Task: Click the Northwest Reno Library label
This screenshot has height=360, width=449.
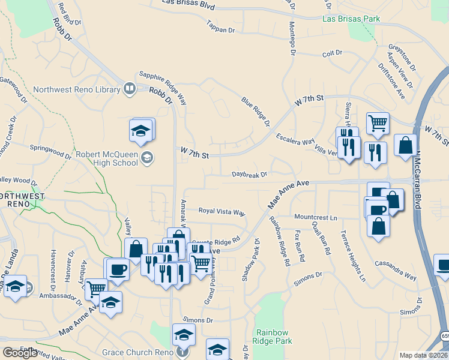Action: click(x=77, y=90)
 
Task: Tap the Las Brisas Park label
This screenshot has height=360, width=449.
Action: click(x=351, y=19)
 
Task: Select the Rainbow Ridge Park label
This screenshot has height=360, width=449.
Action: click(x=274, y=337)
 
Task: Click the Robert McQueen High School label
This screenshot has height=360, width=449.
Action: click(x=107, y=158)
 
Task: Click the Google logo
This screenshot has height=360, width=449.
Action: click(x=20, y=353)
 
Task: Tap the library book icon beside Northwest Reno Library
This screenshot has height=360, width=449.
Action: click(x=129, y=90)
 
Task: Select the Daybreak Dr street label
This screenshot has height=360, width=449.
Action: click(x=249, y=175)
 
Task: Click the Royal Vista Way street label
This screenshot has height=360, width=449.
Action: click(x=222, y=212)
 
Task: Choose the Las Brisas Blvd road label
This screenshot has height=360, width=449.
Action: click(x=188, y=4)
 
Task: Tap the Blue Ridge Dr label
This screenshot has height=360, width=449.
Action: click(x=256, y=112)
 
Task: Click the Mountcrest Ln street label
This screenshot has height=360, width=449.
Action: click(x=316, y=216)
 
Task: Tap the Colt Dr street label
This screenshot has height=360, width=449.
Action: click(x=331, y=53)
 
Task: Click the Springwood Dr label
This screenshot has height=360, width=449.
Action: click(x=51, y=150)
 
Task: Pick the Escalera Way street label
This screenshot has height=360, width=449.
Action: click(x=295, y=142)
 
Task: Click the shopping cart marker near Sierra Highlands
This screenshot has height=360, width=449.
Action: click(x=378, y=124)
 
